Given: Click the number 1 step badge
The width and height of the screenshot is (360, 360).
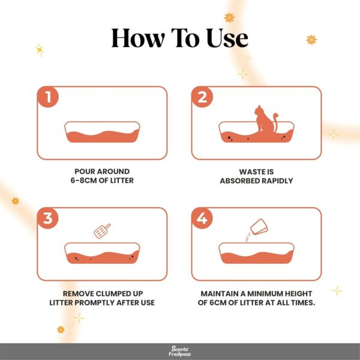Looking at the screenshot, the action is click(48, 97).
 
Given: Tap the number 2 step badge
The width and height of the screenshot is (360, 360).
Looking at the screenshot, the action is click(202, 97).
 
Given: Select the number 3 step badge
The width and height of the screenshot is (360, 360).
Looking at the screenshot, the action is click(48, 218).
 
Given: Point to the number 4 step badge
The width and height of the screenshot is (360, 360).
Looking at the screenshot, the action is click(202, 218).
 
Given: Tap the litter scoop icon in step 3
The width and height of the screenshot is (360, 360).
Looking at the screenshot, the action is click(102, 231).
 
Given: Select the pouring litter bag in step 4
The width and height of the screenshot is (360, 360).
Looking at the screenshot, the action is click(259, 227).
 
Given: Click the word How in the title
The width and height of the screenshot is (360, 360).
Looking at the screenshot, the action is click(138, 38).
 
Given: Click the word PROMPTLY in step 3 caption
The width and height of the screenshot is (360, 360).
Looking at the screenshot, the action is click(95, 302).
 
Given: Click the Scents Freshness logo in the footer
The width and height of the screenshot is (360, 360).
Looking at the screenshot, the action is click(180, 351).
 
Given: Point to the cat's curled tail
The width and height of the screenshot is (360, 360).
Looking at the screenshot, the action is click(275, 122).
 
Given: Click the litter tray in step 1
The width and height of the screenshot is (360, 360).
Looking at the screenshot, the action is click(102, 132).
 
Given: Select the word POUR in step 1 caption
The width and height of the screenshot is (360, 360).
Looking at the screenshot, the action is click(82, 172).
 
